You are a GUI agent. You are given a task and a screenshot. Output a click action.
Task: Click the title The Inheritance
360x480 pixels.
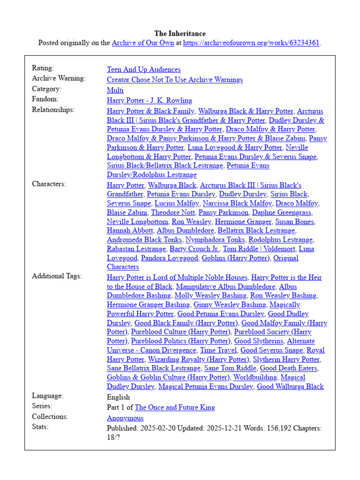(180, 34)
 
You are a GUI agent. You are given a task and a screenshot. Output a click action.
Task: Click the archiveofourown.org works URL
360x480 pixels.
(251, 43)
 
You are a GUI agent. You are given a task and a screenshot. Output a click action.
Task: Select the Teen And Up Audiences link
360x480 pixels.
(143, 69)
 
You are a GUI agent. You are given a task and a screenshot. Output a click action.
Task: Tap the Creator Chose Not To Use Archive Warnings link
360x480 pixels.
(174, 80)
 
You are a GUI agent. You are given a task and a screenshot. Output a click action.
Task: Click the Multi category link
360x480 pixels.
(115, 90)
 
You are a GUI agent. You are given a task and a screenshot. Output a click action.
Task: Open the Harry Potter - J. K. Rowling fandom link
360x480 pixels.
(149, 100)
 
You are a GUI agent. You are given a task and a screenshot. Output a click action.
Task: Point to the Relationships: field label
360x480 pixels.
(53, 110)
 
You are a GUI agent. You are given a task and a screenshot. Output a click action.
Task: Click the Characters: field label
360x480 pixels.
(49, 184)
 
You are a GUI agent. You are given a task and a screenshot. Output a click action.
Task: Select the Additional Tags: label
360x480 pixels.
(57, 276)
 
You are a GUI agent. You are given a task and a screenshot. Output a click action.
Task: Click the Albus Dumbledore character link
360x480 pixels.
(185, 231)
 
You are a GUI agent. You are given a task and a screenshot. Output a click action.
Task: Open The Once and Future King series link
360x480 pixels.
(174, 407)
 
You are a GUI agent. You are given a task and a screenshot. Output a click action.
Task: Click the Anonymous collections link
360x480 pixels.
(125, 418)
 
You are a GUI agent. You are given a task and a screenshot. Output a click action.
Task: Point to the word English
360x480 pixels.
(118, 397)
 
